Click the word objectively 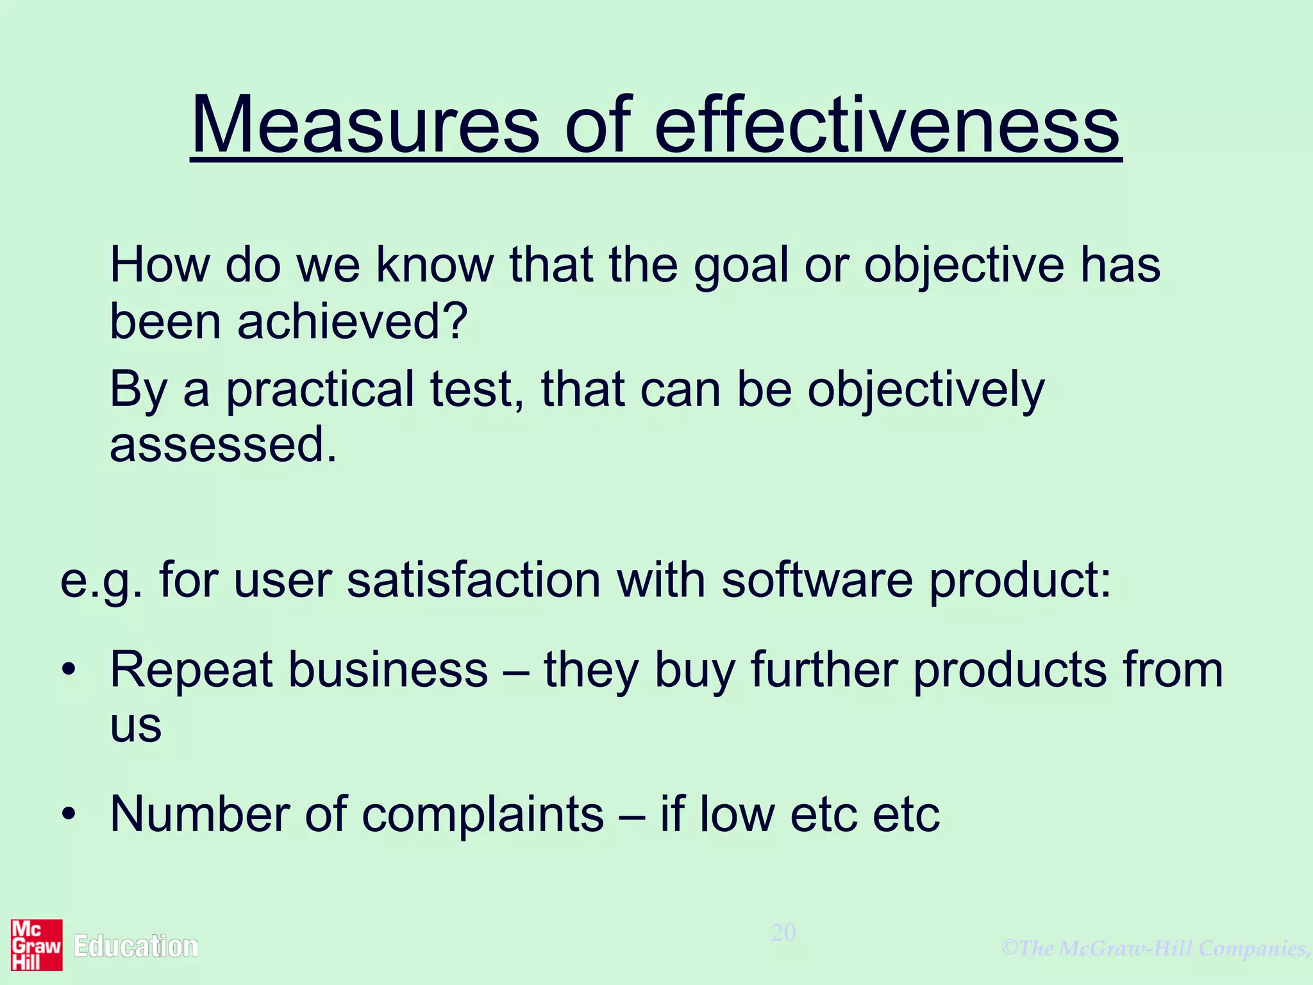(x=925, y=389)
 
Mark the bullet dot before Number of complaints (x=69, y=814)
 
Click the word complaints (x=482, y=814)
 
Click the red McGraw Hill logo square (x=37, y=945)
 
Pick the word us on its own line (x=135, y=727)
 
